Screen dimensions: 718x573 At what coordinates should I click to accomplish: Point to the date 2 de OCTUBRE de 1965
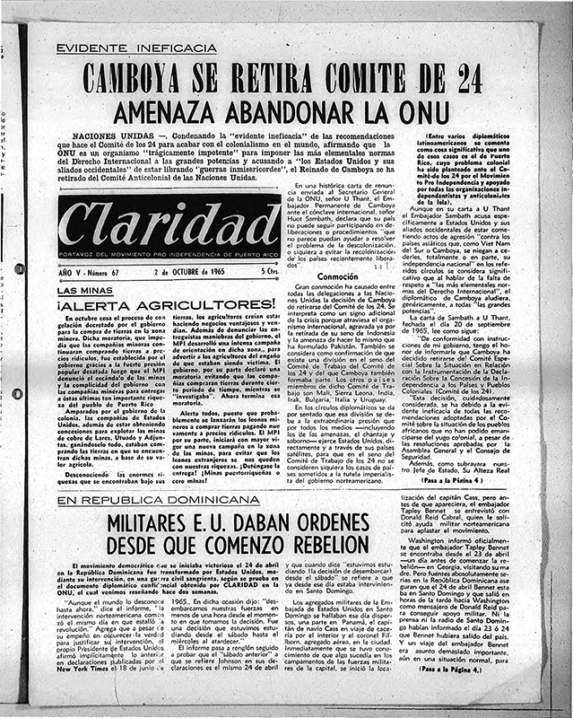coord(188,272)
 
